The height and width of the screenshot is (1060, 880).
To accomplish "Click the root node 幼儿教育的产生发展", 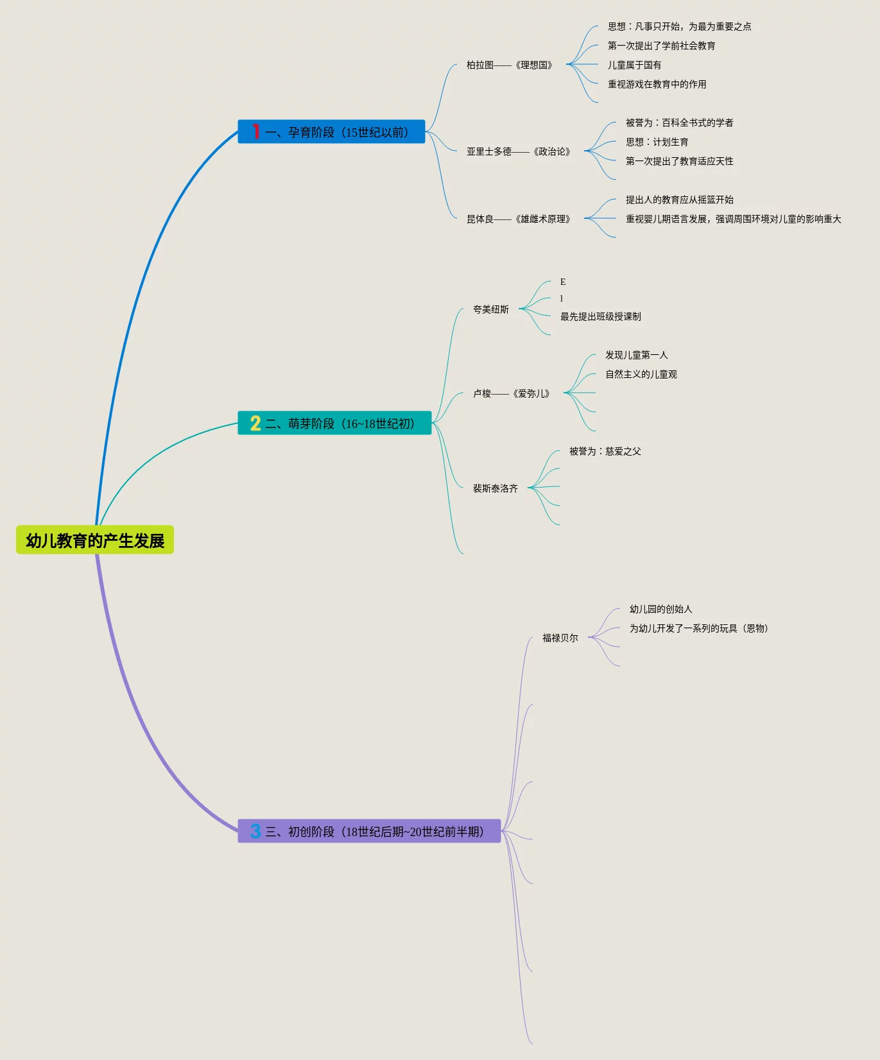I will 95,540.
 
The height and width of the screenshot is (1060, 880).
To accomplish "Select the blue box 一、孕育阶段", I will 331,132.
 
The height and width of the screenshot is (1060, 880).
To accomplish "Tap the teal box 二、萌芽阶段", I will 334,423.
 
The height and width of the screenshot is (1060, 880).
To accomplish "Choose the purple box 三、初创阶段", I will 369,832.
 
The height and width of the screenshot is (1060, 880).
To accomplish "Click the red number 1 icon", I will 255,132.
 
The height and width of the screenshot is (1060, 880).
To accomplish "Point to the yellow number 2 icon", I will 255,423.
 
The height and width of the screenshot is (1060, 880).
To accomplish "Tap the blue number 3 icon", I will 255,831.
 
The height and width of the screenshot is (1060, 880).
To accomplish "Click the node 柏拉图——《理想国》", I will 510,65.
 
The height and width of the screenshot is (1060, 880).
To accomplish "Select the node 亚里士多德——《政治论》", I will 519,151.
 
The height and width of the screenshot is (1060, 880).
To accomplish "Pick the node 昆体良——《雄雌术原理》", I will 519,219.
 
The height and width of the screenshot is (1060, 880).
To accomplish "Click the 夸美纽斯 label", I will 491,309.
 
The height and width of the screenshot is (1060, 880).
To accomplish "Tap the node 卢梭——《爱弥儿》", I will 512,393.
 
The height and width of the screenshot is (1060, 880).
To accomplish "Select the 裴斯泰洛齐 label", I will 496,488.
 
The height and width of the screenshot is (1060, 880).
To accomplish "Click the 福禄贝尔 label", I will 560,638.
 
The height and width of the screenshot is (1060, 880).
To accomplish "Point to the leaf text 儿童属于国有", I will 635,65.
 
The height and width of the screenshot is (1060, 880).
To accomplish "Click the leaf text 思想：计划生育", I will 657,142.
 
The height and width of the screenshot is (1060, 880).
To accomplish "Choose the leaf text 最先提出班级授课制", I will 601,316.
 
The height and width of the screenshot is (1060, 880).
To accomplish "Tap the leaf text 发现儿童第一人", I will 637,355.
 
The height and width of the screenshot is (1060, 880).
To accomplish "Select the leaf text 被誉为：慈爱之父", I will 605,451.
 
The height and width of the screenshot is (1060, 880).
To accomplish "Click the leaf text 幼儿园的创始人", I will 661,609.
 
